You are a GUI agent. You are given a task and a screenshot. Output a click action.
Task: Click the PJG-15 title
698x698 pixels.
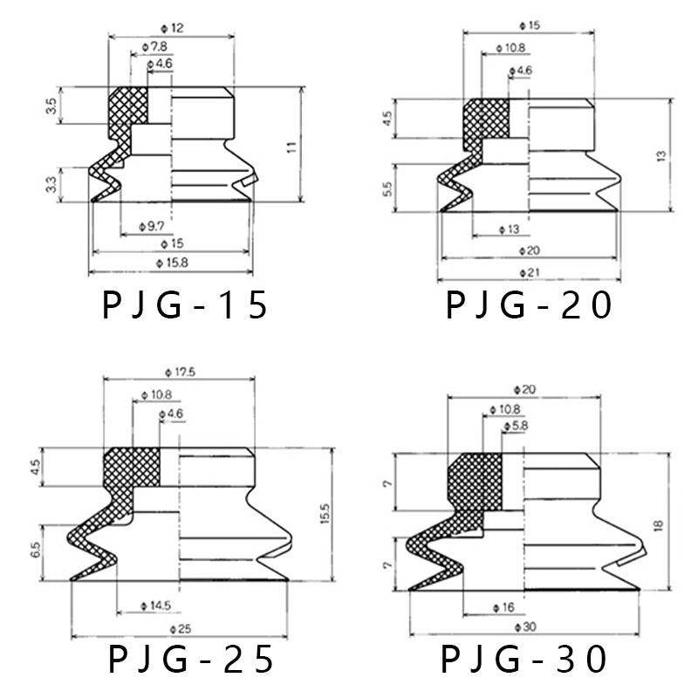(x=185, y=305)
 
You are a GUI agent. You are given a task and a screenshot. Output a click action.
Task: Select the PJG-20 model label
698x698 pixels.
(x=529, y=305)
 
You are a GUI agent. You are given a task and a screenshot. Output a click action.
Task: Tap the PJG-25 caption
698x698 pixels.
(x=190, y=659)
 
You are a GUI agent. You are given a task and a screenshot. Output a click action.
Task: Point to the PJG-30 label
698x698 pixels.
(x=523, y=659)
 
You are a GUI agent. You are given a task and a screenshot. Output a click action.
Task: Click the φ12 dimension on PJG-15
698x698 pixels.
(x=172, y=29)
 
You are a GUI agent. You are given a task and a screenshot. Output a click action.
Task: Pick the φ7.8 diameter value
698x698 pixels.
(x=154, y=47)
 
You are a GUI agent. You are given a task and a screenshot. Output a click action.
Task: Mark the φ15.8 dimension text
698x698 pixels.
(x=172, y=263)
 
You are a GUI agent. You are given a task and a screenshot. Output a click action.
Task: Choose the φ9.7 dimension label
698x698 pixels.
(x=152, y=227)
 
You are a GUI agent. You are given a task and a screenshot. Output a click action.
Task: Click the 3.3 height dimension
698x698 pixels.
(x=51, y=185)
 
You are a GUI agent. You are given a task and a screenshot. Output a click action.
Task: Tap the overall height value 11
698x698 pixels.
(x=291, y=147)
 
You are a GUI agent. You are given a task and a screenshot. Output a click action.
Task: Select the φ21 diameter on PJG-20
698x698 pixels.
(x=530, y=272)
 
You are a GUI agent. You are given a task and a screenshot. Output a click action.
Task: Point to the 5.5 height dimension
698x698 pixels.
(x=387, y=188)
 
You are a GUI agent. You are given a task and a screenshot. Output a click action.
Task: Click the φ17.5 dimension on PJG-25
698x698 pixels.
(x=180, y=373)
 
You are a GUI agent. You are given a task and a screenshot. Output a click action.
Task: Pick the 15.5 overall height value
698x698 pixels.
(x=325, y=513)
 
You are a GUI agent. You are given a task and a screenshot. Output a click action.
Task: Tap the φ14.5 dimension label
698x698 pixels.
(x=155, y=606)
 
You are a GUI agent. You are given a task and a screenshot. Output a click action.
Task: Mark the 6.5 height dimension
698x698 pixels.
(x=36, y=550)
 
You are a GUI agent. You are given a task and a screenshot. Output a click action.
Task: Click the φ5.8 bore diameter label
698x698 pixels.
(x=516, y=426)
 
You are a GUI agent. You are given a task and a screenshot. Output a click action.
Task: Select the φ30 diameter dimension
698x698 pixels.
(x=525, y=627)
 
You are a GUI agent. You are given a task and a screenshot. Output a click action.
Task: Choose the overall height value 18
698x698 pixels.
(x=659, y=525)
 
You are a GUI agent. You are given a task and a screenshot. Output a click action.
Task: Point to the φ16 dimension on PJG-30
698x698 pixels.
(x=503, y=607)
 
